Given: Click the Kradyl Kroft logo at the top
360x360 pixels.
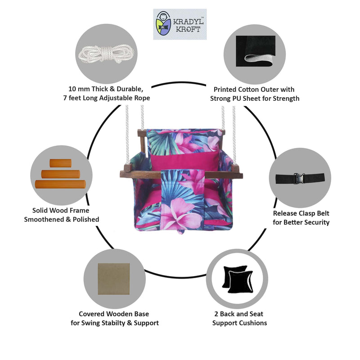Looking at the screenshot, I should pyautogui.click(x=180, y=24).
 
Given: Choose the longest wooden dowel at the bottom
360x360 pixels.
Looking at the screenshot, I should pyautogui.click(x=60, y=184).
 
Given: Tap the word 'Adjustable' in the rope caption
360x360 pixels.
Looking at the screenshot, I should pyautogui.click(x=118, y=98).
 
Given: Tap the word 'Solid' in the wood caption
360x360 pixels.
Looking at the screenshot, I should pyautogui.click(x=41, y=210).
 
